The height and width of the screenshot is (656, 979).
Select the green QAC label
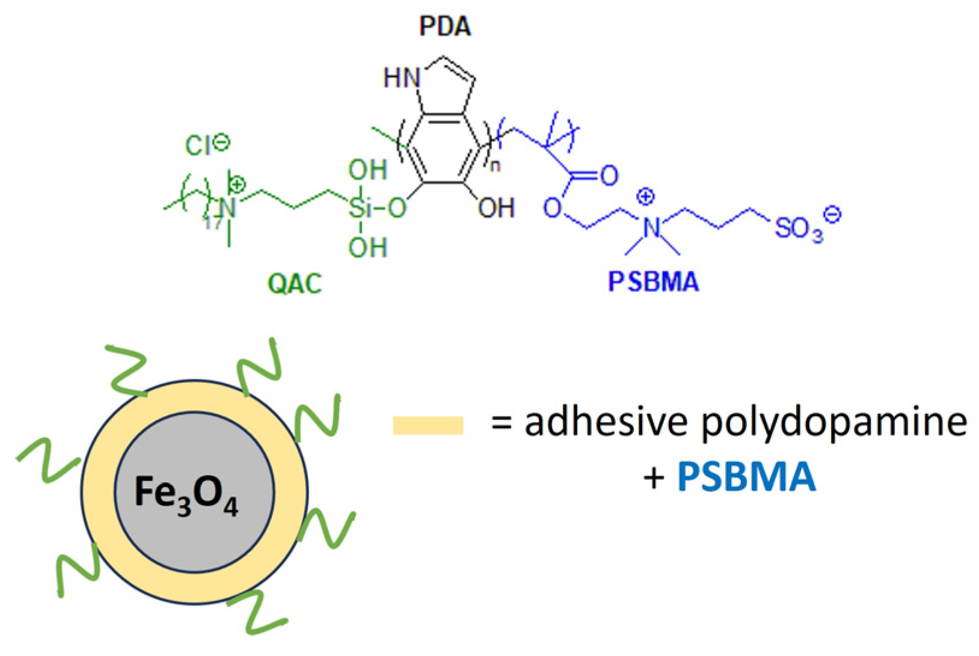point(295,283)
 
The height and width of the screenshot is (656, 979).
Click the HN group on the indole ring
point(402,78)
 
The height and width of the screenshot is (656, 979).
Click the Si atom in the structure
point(361,209)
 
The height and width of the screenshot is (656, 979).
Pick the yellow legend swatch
point(428,425)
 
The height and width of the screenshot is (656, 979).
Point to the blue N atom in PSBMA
point(651,227)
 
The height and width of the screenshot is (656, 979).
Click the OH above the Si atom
point(367,171)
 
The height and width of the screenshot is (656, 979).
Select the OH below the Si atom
point(367,247)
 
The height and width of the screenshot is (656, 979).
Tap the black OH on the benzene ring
point(496,208)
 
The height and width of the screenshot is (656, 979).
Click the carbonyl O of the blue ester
point(609,176)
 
